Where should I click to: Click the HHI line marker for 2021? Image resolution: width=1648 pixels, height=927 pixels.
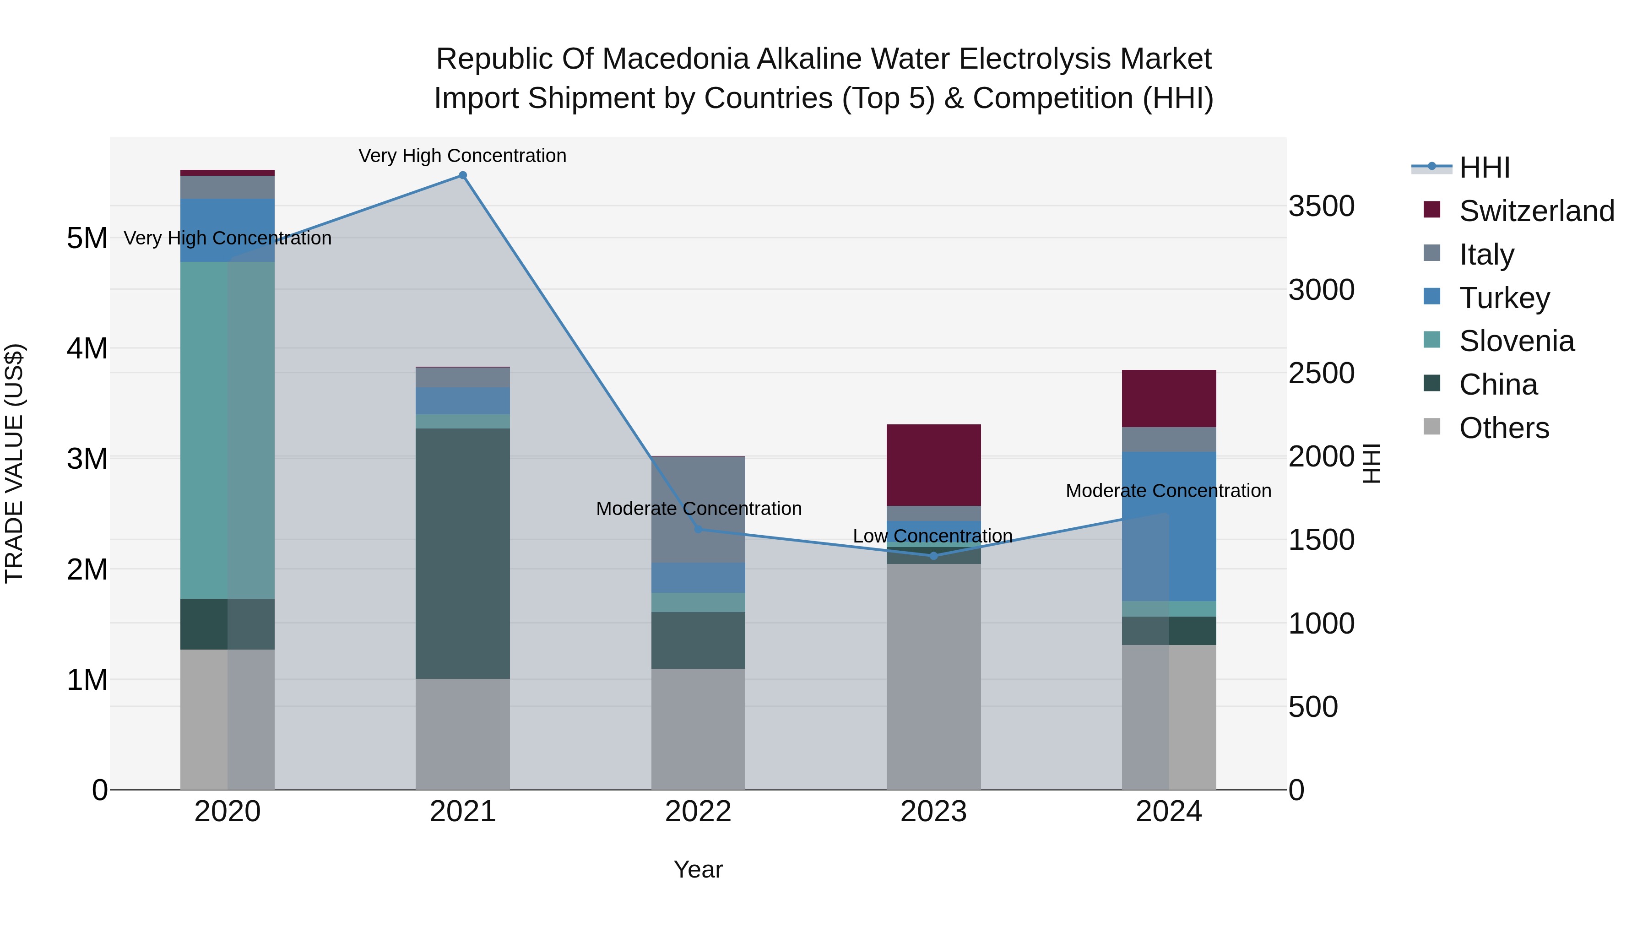coord(462,175)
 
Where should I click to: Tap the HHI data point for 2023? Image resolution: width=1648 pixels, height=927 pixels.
coord(933,556)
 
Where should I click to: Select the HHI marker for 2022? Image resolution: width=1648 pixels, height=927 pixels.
coord(698,529)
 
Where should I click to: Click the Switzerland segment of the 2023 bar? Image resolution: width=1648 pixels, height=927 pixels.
coord(933,465)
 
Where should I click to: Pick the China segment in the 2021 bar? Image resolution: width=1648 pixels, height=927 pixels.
coord(462,553)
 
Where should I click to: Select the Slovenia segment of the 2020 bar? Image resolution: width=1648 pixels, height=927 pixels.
coord(227,430)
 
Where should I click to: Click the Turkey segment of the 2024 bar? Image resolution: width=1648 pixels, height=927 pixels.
coord(1169,526)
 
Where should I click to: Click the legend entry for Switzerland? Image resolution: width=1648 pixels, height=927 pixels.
coord(1536,211)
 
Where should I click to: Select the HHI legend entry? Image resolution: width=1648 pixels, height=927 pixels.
coord(1484,168)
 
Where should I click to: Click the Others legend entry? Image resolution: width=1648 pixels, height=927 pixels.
coord(1503,428)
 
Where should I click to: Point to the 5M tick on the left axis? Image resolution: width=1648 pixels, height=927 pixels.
coord(87,238)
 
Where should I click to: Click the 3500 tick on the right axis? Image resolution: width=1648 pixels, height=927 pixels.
coord(1321,206)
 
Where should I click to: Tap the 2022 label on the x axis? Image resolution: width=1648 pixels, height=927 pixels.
coord(698,811)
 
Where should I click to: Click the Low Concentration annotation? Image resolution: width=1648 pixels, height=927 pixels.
coord(932,536)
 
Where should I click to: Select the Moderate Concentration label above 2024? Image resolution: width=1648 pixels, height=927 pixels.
coord(1168,491)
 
